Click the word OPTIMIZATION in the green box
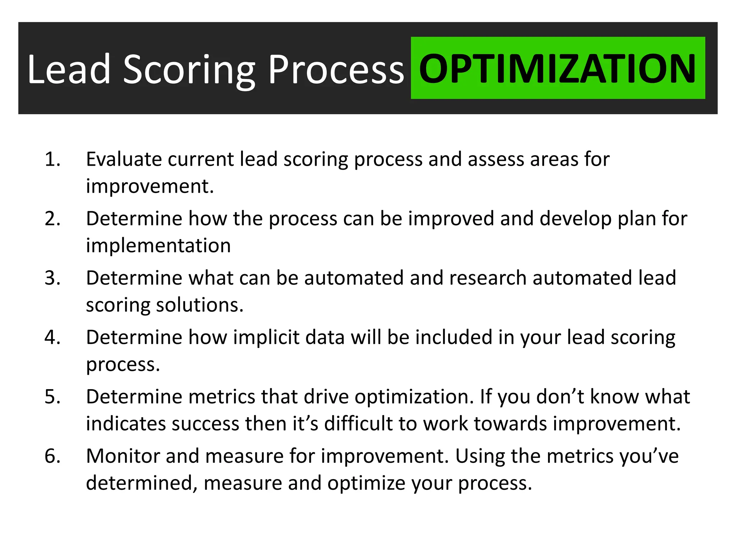point(558,68)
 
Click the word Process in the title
point(336,70)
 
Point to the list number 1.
point(52,159)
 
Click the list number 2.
point(52,218)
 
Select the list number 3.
point(52,278)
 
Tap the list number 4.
point(52,337)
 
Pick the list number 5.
point(52,397)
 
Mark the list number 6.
point(52,456)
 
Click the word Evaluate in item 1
point(124,159)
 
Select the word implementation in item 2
point(158,246)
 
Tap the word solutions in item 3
point(200,305)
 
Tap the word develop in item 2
point(575,219)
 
